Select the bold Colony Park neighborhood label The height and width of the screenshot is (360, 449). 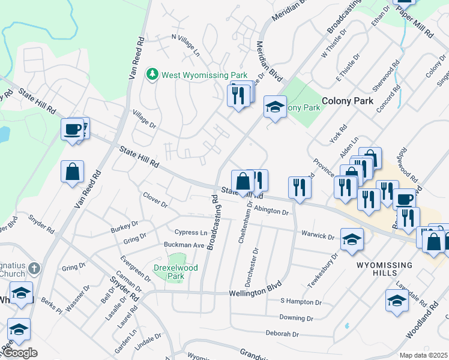[x=348, y=101]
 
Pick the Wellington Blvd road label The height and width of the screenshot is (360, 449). [x=255, y=293]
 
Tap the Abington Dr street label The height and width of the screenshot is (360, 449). [x=271, y=211]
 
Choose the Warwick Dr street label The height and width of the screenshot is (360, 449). [x=318, y=236]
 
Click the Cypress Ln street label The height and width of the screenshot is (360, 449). [x=190, y=232]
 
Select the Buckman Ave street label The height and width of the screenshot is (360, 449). [x=184, y=245]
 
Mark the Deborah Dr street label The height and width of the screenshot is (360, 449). [x=282, y=334]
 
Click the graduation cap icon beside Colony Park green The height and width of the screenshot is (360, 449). [x=275, y=108]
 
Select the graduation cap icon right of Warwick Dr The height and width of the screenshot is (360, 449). [x=352, y=239]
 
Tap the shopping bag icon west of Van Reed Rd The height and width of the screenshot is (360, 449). [x=73, y=172]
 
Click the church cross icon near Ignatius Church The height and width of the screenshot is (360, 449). [x=34, y=268]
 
